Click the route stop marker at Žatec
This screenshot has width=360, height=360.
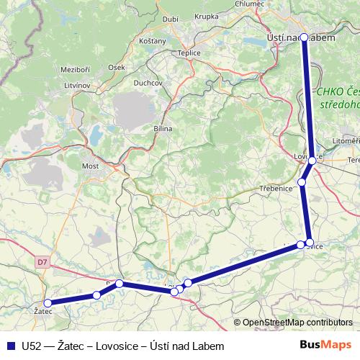coord(48,303)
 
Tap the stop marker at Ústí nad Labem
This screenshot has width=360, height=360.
coord(304,37)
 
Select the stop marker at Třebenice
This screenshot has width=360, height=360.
coord(302,182)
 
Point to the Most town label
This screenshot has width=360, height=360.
coord(90,166)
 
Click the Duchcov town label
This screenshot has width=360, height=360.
coord(148,83)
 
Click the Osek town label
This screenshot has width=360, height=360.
coord(117,67)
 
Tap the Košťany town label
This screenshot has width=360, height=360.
coord(153,41)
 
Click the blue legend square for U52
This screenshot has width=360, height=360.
coord(10,346)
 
